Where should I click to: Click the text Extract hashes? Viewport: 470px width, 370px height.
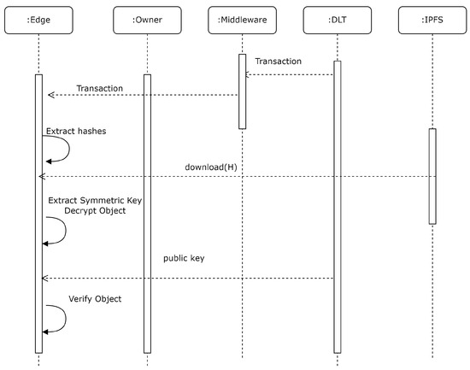click(76, 132)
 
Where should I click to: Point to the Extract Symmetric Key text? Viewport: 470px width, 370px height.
click(94, 200)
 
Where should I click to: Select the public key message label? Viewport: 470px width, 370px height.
click(185, 256)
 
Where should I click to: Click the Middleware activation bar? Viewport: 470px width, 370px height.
click(242, 91)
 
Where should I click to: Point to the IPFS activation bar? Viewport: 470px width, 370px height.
click(432, 176)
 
